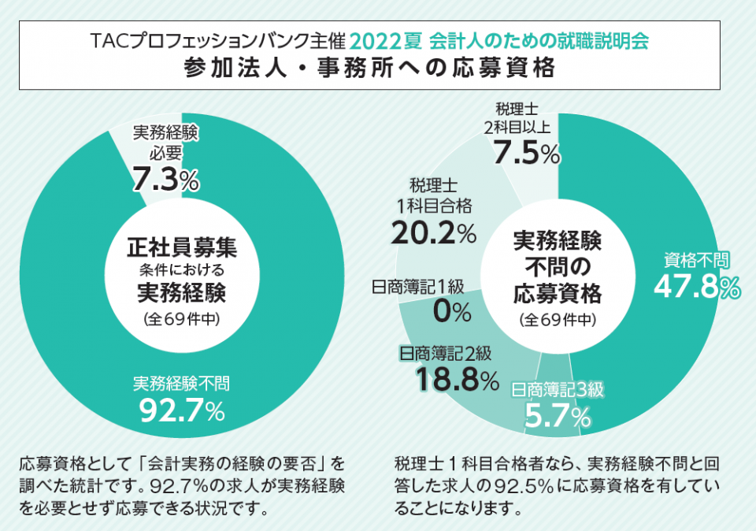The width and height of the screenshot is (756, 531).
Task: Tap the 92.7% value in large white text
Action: coord(182,410)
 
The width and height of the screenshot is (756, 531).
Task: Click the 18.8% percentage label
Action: coord(458,381)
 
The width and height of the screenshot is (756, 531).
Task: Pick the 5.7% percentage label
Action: coord(558,416)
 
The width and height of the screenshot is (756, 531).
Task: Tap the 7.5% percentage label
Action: coord(526,153)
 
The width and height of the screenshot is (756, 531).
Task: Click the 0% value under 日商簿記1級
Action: coord(451,313)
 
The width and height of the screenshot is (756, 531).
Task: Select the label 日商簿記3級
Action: coord(558,389)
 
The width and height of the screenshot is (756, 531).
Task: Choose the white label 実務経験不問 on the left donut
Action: coord(181,384)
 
